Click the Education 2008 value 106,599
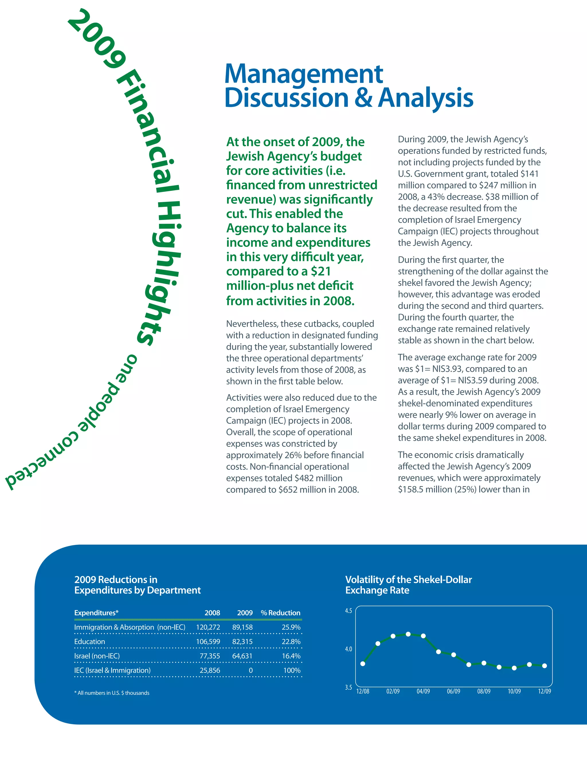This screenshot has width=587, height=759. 208,642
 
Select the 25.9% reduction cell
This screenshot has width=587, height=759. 291,627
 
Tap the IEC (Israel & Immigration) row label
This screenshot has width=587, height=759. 112,670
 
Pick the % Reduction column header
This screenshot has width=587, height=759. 280,613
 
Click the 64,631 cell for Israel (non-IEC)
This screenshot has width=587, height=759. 242,656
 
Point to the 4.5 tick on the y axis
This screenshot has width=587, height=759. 349,611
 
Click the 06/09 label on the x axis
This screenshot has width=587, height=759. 453,692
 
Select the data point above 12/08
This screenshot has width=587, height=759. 363,664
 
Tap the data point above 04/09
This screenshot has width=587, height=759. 423,636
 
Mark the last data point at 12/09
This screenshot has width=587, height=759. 545,666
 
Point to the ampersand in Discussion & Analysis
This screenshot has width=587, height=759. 363,98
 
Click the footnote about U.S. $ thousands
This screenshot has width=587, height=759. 111,693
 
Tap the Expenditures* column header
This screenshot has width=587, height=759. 96,613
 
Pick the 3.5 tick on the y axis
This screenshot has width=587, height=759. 349,687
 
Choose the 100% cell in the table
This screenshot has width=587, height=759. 292,670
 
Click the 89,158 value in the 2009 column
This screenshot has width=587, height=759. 242,627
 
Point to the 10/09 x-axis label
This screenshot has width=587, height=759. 514,692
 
